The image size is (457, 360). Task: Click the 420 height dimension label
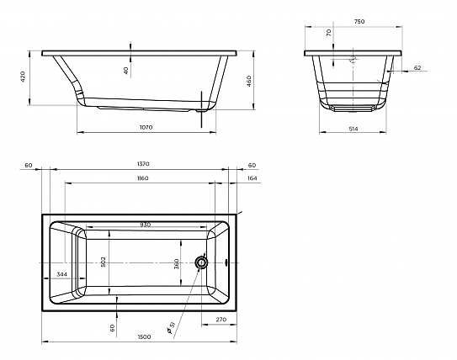(x=24, y=77)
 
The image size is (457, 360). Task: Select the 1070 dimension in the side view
(x=146, y=127)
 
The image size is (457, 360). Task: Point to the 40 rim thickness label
(x=126, y=71)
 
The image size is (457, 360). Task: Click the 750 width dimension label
(x=359, y=21)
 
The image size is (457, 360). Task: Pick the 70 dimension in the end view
(x=329, y=33)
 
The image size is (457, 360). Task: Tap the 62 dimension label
(x=417, y=67)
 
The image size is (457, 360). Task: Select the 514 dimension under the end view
(x=353, y=129)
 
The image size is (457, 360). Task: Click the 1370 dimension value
(x=143, y=164)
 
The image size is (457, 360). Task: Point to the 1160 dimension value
(x=142, y=178)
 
